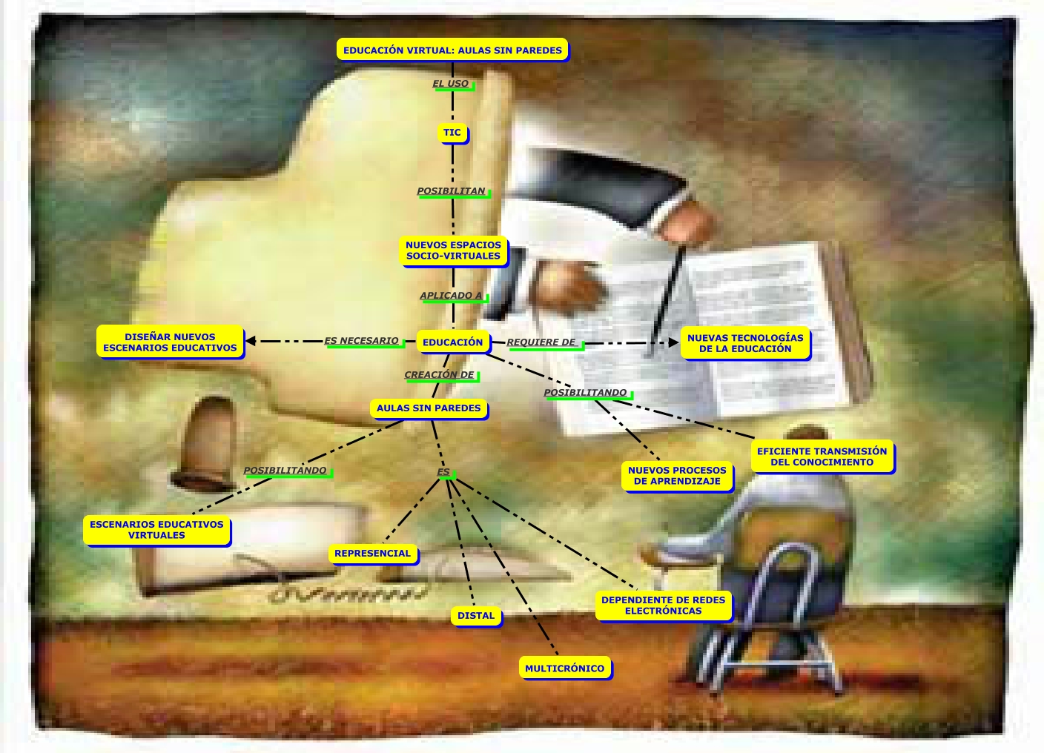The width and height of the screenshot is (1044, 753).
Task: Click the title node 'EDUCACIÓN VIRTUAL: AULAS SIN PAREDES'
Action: click(x=452, y=50)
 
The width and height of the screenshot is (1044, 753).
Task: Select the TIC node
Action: click(x=452, y=133)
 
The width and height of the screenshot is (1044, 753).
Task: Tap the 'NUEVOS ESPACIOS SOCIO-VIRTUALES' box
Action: click(x=453, y=251)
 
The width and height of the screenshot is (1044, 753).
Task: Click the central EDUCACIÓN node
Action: click(x=452, y=342)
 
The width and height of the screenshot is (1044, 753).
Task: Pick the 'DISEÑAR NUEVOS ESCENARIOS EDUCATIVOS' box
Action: click(x=170, y=342)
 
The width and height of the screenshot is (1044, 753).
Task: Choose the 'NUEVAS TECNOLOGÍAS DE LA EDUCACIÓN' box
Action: click(x=744, y=343)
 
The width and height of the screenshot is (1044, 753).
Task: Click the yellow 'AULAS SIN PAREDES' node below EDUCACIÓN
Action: click(x=429, y=408)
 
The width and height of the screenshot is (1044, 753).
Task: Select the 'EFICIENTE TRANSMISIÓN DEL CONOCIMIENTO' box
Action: click(x=822, y=457)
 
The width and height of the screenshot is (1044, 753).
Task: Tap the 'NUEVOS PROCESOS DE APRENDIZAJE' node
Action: click(x=677, y=475)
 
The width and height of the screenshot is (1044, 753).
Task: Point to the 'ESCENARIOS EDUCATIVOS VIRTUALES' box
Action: click(x=156, y=530)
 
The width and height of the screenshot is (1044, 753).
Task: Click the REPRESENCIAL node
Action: click(x=372, y=554)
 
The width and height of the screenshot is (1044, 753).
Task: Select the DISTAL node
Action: click(x=476, y=616)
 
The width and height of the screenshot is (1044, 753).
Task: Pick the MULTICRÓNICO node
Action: click(x=564, y=669)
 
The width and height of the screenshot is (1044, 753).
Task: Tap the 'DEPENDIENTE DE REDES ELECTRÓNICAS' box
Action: click(x=663, y=606)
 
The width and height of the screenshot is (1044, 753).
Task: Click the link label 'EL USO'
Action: click(x=451, y=84)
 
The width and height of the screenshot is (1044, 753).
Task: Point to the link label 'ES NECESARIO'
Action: click(x=362, y=341)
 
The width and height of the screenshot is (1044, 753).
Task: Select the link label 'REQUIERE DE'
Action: click(x=541, y=342)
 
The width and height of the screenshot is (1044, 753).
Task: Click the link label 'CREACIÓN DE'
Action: click(x=439, y=375)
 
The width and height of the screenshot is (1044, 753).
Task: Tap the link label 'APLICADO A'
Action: click(x=451, y=296)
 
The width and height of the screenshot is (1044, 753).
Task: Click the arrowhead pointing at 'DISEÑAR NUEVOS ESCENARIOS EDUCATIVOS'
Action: click(x=251, y=341)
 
